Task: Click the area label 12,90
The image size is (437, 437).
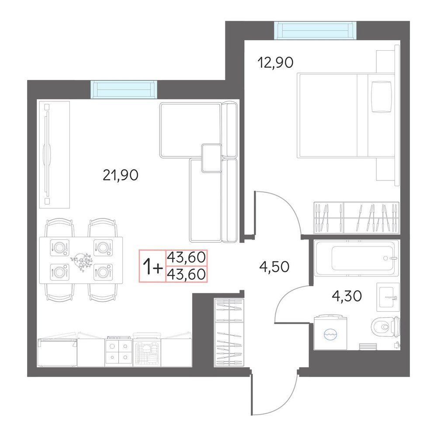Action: tap(275, 62)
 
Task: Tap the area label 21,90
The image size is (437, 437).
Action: tap(121, 175)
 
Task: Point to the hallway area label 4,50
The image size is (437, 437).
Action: tap(274, 267)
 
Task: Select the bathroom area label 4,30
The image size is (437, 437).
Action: tap(347, 296)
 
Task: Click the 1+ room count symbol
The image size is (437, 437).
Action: tap(153, 267)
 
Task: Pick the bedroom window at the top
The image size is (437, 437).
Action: tap(315, 31)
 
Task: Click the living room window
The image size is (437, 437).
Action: tap(124, 90)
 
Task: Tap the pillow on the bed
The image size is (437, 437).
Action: tap(382, 97)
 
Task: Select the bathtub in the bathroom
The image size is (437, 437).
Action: tap(356, 258)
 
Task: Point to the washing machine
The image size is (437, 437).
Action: tap(330, 333)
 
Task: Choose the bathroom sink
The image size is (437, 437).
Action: tap(388, 297)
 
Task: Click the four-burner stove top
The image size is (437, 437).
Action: tap(119, 352)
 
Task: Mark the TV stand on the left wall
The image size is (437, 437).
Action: tap(54, 155)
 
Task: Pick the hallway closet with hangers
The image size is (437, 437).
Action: tap(229, 333)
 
